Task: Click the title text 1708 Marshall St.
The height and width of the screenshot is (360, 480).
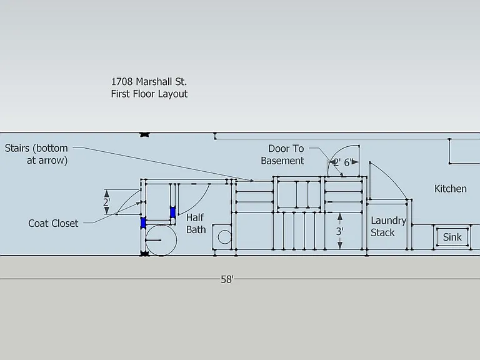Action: tap(149, 82)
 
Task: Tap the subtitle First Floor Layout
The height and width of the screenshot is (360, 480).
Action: tap(149, 94)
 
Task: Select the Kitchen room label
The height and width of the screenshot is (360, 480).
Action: tap(450, 189)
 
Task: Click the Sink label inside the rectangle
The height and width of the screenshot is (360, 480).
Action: tap(452, 237)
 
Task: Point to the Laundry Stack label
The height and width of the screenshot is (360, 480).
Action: tap(388, 226)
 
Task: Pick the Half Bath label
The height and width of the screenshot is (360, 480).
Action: tap(196, 224)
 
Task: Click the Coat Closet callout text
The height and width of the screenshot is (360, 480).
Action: tap(53, 224)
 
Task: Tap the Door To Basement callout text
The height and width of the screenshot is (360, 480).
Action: tap(282, 154)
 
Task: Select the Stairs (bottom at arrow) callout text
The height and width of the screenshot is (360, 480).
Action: tap(36, 154)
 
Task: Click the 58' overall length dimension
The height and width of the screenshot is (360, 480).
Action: tap(227, 279)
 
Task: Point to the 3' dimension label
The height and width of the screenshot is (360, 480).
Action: tap(339, 231)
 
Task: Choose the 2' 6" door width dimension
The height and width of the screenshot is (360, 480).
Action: tap(344, 162)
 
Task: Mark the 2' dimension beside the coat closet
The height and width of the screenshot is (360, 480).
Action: tap(106, 202)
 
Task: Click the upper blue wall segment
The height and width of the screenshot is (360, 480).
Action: tap(173, 212)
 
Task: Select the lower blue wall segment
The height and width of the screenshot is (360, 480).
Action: tap(143, 222)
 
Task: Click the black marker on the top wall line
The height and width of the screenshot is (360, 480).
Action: tap(145, 134)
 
